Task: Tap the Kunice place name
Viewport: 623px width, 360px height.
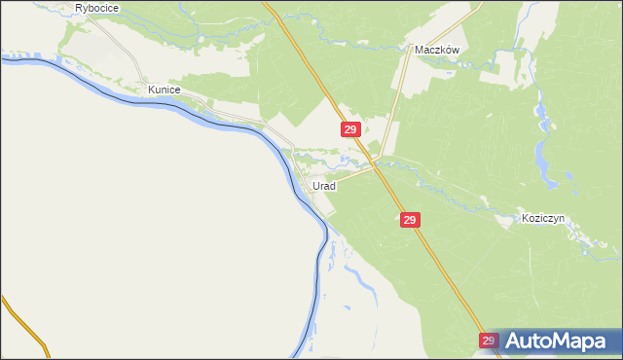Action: click(x=165, y=89)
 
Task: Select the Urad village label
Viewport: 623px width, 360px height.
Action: click(x=323, y=185)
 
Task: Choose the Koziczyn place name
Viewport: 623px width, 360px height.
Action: click(x=543, y=219)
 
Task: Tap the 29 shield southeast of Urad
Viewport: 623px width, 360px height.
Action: click(x=410, y=221)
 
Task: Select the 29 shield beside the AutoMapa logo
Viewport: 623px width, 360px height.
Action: click(x=489, y=341)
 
